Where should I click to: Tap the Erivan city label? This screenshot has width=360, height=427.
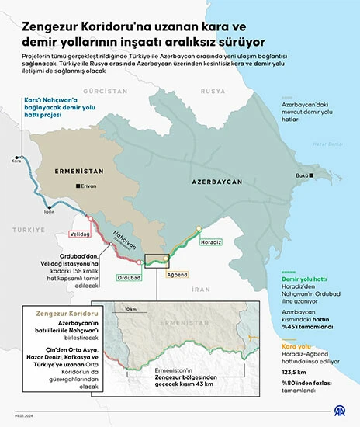[88, 186]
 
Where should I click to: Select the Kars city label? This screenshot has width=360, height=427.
[16, 161]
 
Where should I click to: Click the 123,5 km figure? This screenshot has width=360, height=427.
[294, 373]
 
